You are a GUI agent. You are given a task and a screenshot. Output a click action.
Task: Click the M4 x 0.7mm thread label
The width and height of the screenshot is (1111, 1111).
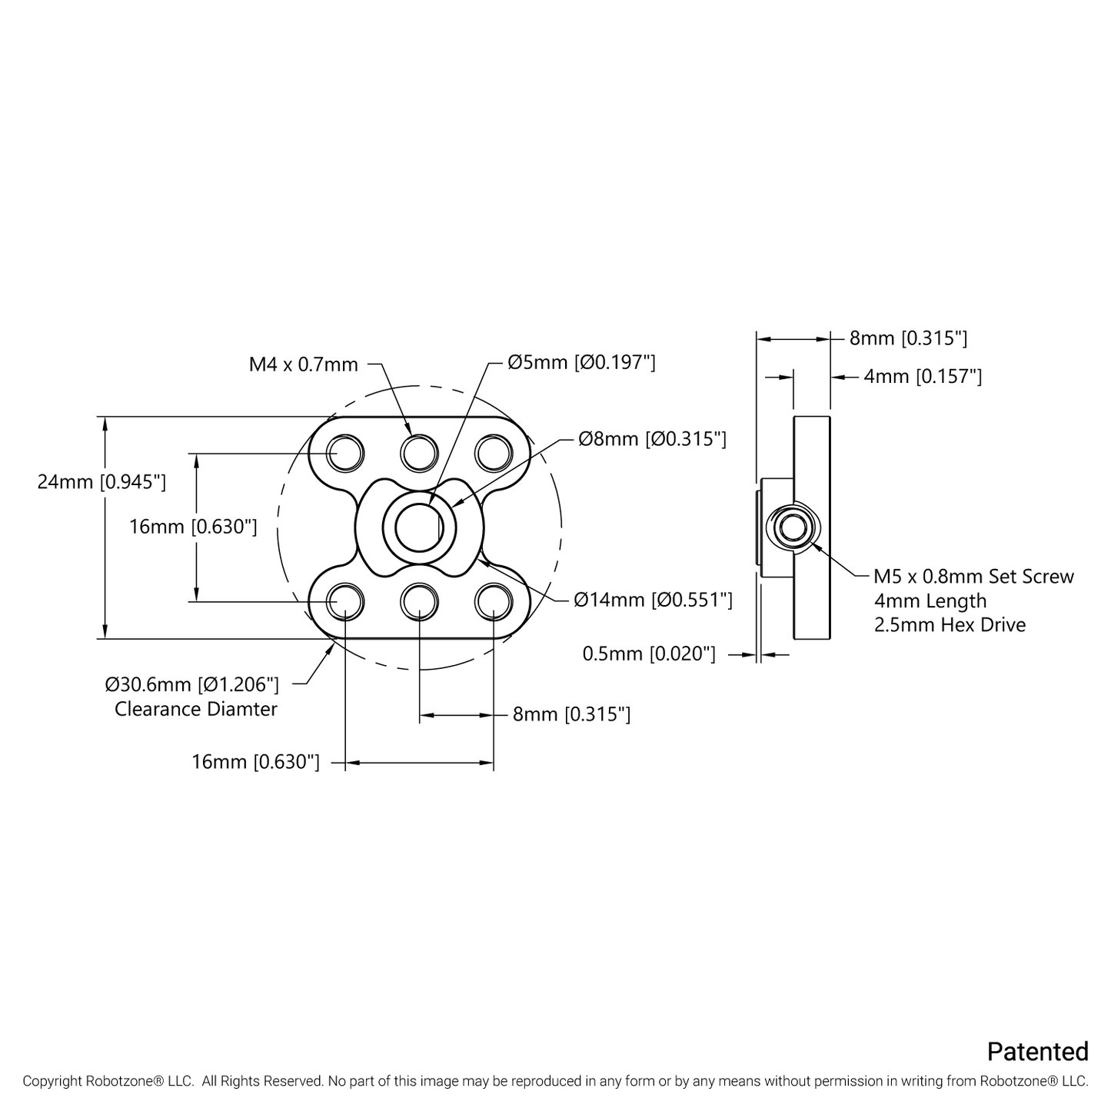303,364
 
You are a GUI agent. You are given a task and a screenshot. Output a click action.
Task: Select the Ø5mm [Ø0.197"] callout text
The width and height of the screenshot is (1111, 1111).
581,362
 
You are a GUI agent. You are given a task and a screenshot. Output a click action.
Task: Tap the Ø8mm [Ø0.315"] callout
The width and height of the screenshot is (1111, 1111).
652,439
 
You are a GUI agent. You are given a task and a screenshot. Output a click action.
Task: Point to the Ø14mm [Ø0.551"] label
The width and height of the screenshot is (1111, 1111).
653,600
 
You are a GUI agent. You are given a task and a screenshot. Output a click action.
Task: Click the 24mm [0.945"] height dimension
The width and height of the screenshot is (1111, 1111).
101,482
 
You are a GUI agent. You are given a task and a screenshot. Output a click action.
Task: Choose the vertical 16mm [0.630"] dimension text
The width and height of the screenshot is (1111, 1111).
193,527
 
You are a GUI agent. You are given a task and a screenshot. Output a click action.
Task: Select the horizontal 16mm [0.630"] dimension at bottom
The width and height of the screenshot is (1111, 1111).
255,762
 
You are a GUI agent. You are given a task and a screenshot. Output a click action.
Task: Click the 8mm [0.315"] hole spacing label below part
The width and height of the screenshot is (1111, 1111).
571,714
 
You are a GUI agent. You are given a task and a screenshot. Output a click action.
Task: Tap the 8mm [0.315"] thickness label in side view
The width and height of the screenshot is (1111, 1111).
908,338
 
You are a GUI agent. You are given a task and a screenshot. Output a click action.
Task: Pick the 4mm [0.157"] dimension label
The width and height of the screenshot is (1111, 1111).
923,376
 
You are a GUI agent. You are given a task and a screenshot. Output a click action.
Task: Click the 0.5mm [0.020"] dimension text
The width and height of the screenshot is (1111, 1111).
649,654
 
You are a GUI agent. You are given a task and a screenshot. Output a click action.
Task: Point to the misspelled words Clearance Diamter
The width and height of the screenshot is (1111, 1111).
196,709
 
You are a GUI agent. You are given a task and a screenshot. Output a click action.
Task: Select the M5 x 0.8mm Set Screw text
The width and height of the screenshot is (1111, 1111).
973,577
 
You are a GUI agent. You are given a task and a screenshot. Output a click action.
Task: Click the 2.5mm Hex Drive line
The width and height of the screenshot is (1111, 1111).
950,624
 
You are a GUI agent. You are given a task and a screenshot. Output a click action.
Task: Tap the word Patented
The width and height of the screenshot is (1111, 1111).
1037,1051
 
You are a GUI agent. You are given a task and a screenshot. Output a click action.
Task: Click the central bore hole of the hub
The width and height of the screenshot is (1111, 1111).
420,527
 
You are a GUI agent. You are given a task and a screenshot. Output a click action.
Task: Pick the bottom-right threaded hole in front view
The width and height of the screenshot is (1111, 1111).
493,600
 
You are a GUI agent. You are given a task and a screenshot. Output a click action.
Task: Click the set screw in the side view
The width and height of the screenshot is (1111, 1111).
793,527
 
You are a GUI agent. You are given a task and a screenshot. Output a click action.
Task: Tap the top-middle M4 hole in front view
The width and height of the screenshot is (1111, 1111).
420,452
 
